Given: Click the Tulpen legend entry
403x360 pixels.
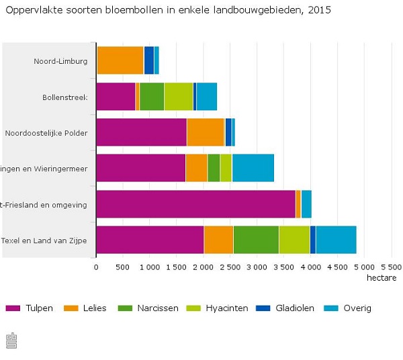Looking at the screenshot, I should point(30,308).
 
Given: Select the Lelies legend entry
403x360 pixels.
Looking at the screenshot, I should point(87,308).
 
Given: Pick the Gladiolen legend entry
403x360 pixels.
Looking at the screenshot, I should point(285,308).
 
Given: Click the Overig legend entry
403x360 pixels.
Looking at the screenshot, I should point(348,308).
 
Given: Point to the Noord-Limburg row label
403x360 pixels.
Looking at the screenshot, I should point(60,61).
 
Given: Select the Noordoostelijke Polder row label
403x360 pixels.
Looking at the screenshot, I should point(46,132).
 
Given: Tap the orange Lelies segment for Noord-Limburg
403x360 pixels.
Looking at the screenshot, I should point(120,60).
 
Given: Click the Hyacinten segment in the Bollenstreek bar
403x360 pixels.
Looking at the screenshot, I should point(179,96).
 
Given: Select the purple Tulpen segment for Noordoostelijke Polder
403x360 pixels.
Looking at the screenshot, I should point(141,132).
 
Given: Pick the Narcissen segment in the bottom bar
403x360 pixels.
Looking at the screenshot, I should point(256,240).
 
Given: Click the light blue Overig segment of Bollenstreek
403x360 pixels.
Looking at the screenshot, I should point(207,96).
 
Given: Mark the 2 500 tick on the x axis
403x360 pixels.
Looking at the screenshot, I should point(230,267).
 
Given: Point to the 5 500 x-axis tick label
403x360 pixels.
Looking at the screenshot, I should point(390,267).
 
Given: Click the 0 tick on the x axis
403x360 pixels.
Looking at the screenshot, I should point(96,267).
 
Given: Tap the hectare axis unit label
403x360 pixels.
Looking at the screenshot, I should point(381,277).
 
